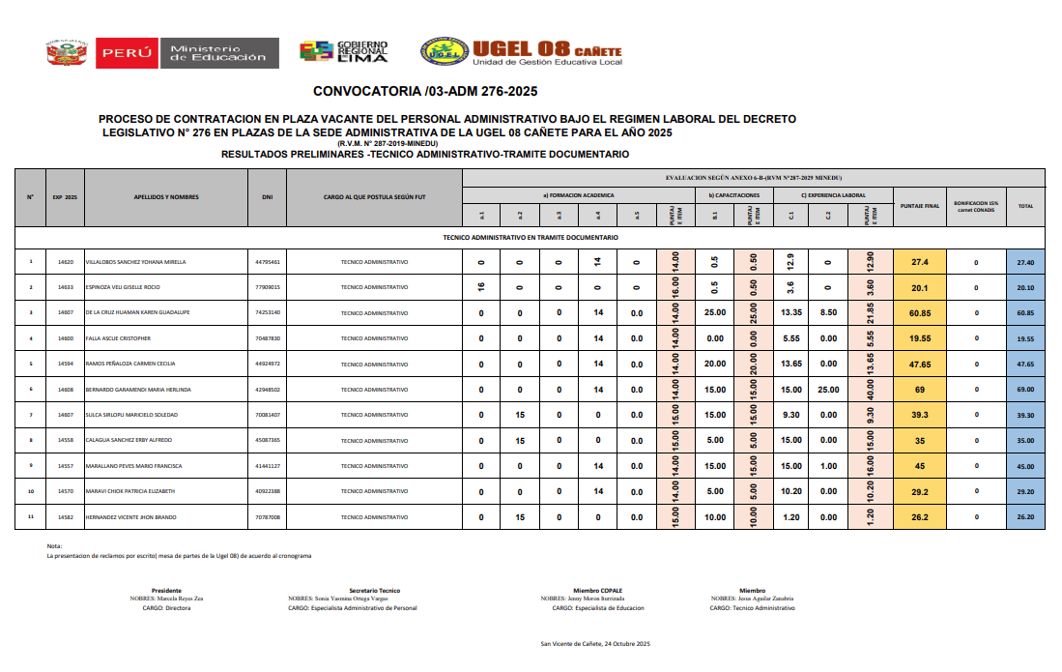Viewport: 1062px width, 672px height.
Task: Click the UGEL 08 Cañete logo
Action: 521,52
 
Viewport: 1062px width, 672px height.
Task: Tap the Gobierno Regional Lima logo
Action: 343,52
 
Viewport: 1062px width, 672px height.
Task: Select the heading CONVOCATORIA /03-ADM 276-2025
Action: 425,92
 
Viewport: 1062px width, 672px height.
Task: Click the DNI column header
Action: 268,197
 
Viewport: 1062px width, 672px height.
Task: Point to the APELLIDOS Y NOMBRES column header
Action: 166,197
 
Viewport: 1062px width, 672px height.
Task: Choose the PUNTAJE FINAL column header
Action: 919,205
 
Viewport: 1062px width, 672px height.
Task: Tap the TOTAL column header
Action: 1025,205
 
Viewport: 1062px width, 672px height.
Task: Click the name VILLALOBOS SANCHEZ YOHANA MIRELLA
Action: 136,262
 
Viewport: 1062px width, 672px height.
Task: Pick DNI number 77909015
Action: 268,287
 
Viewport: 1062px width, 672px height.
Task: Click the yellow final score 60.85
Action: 919,313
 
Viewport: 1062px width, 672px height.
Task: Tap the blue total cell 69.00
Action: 1025,390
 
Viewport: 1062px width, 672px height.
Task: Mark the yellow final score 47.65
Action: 919,365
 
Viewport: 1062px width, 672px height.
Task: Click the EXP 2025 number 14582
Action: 66,517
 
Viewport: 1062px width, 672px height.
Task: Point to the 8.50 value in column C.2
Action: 828,313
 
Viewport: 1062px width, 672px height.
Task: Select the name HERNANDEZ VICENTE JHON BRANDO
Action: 131,517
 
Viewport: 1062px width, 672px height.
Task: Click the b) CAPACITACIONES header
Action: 733,195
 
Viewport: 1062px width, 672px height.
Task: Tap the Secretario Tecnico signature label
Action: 374,590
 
